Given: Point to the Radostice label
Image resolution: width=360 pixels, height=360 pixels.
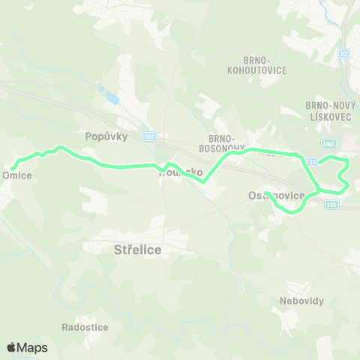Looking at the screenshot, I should click(x=85, y=328).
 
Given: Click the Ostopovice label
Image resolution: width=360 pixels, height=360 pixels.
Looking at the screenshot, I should click(x=276, y=196).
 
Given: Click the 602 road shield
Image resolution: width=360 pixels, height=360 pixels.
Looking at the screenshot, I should click(x=149, y=136).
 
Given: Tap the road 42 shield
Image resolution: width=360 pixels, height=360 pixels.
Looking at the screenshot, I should click(x=343, y=54).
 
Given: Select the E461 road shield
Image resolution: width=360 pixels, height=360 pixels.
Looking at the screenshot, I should click(x=328, y=144).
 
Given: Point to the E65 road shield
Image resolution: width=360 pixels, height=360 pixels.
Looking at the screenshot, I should click(x=331, y=205).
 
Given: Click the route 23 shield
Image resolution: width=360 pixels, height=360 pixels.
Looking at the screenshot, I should click(x=313, y=161).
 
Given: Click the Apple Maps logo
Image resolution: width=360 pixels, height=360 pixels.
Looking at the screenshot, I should click(x=27, y=347).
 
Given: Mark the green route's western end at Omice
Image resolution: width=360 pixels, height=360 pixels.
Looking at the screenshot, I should click(x=13, y=167).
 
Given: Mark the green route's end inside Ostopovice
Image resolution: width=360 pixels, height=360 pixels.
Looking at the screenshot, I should click(x=266, y=193).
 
